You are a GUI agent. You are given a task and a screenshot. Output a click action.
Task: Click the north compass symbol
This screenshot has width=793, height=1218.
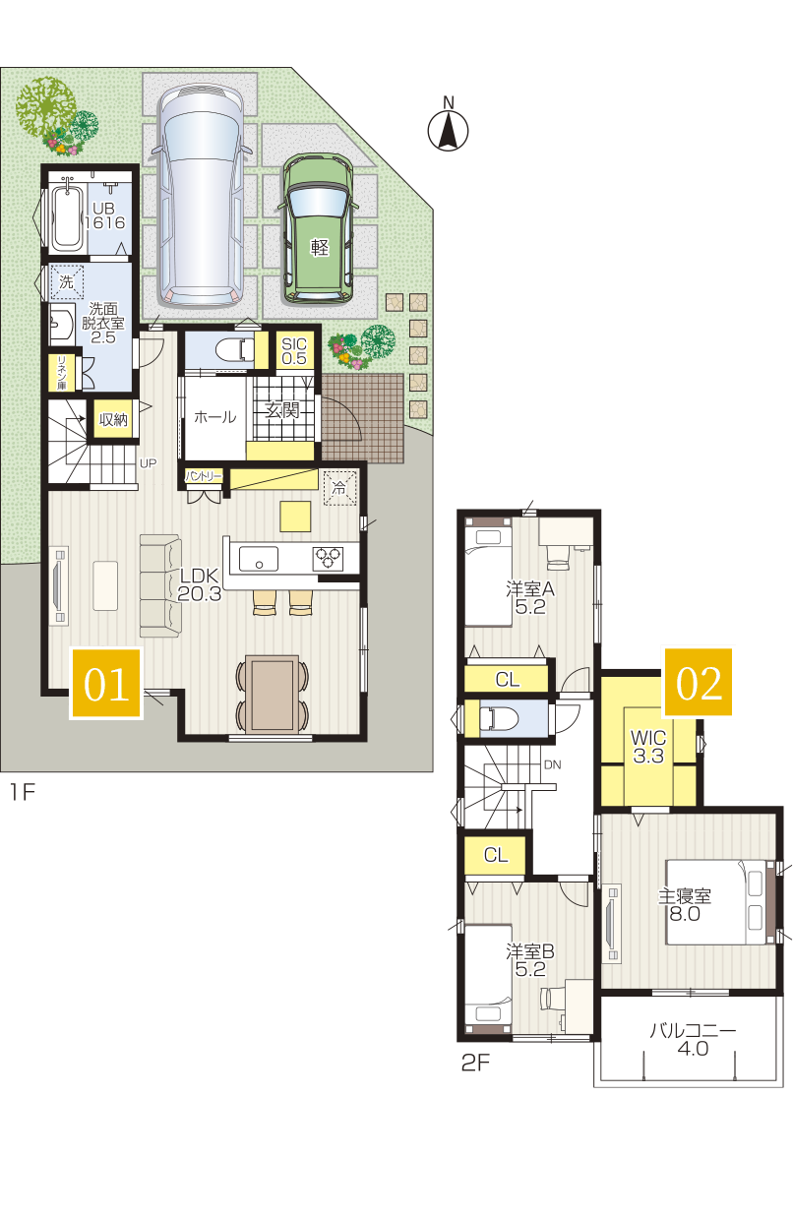coord(448,125)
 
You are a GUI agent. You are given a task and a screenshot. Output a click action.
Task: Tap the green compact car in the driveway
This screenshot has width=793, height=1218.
coord(318,228)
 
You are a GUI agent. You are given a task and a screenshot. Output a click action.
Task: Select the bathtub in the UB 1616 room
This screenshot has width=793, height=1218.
coord(67,215)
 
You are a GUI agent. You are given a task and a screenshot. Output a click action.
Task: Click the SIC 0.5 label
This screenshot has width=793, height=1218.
coord(294,351)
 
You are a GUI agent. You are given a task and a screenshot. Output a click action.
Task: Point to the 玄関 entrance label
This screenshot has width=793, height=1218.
coord(282,410)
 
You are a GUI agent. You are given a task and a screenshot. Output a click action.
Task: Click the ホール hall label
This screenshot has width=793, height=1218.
coord(214,417)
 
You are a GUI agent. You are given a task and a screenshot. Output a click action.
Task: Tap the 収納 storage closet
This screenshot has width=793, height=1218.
coord(113,419)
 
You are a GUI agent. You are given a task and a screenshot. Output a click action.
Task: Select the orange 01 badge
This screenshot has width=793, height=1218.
coord(106,684)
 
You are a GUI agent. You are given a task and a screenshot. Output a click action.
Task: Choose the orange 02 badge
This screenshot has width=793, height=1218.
coord(698,682)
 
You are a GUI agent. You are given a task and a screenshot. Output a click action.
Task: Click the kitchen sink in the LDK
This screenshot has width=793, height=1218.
coord(259,559)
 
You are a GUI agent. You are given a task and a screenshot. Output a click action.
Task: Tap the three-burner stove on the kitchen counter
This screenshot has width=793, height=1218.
coord(328,559)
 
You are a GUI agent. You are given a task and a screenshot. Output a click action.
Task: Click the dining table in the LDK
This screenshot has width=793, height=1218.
coord(272,694)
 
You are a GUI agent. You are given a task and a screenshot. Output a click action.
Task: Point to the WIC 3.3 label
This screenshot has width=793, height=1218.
coord(647,747)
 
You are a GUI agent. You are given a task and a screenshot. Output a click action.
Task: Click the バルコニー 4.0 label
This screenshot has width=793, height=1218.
coord(693,1039)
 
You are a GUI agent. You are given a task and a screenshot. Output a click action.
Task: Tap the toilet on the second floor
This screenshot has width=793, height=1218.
coord(499,718)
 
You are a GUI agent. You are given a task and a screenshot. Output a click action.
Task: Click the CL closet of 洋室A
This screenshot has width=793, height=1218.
coord(507,679)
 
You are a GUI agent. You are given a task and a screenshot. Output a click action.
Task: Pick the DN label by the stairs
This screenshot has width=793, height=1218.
coord(552,764)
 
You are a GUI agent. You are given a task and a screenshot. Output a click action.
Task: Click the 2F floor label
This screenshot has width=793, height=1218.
coord(475,1063)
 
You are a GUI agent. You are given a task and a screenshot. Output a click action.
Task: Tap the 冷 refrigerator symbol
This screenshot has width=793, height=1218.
coord(339,488)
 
